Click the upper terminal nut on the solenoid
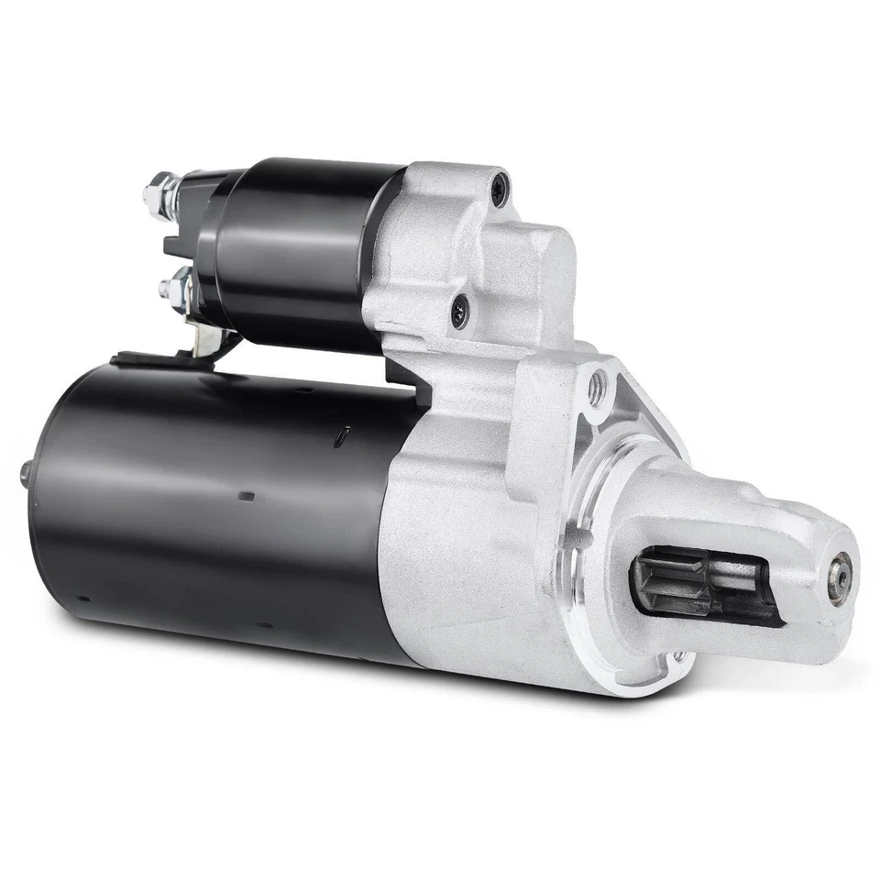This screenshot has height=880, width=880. [156, 194]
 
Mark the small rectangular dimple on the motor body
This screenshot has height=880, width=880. [246, 496]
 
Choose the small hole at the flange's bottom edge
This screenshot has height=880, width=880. [677, 656]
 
